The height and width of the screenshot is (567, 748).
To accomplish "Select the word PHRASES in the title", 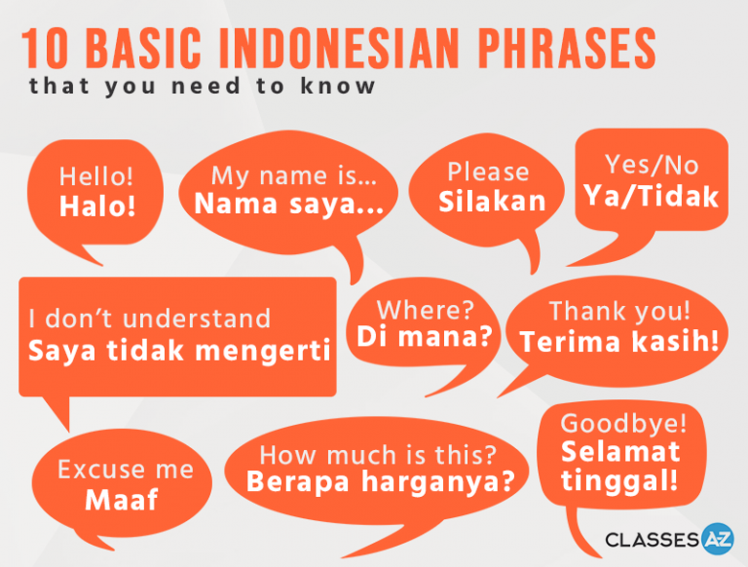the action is click(x=567, y=48).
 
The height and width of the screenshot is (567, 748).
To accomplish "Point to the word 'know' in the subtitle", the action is click(x=338, y=86).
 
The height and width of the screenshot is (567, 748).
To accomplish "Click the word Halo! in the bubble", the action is click(x=97, y=207).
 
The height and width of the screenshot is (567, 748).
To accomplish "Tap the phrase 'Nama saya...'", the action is click(x=289, y=204).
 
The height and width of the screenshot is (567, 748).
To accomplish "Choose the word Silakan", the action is click(x=492, y=201).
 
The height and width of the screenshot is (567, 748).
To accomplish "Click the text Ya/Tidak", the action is click(x=652, y=196).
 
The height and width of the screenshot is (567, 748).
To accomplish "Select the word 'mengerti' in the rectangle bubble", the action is click(x=263, y=352).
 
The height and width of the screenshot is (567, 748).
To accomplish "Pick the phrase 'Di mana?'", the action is click(x=425, y=336).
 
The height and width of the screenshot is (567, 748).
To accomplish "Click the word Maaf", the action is click(x=121, y=500).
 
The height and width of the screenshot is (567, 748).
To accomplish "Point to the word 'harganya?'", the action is click(x=438, y=482).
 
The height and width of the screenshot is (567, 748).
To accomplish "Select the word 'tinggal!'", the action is click(x=619, y=480).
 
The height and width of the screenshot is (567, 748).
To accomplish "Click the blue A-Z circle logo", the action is click(x=718, y=539).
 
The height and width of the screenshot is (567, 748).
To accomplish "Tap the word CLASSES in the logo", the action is click(x=653, y=540).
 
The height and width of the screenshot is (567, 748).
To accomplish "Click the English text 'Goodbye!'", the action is click(x=623, y=424).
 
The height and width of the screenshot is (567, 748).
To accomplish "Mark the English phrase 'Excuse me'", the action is click(x=126, y=470).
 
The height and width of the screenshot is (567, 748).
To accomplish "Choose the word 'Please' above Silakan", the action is click(x=488, y=171).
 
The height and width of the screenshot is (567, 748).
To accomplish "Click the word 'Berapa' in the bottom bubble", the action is click(x=298, y=481).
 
